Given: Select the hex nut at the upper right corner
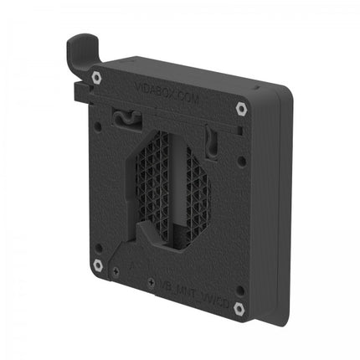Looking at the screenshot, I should (x=241, y=108).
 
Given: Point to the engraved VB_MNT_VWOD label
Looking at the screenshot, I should (x=193, y=288).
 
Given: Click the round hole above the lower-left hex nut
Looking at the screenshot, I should (x=100, y=243).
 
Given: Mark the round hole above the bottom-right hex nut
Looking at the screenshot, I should (x=239, y=289).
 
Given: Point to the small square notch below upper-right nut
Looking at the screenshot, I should (x=239, y=131).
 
